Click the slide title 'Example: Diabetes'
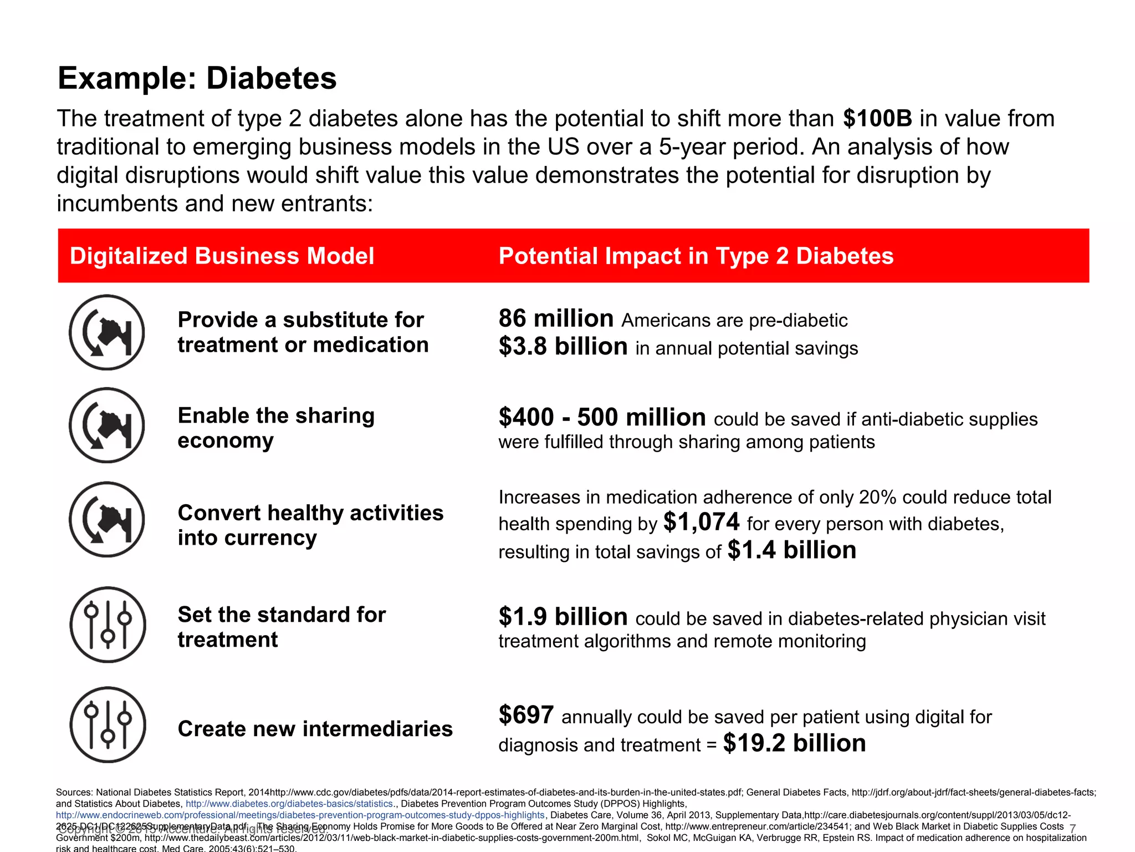point(197,78)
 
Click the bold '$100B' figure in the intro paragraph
point(877,119)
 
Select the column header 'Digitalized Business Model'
point(222,256)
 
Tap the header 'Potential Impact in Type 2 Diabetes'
point(696,256)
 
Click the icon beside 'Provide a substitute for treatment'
point(107,332)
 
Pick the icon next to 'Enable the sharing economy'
point(107,425)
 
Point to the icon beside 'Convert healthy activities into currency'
point(107,519)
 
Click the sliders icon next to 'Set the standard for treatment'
point(108,625)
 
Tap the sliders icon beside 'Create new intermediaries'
point(108,724)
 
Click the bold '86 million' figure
point(556,319)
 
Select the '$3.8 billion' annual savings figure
point(563,347)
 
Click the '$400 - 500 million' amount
point(602,417)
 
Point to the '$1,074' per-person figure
point(701,522)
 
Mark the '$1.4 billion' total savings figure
point(792,550)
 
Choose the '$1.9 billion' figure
point(563,617)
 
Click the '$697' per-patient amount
point(526,715)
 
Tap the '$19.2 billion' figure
point(794,743)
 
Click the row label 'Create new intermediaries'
point(315,729)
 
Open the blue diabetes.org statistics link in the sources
point(289,804)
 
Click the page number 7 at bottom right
point(1072,828)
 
